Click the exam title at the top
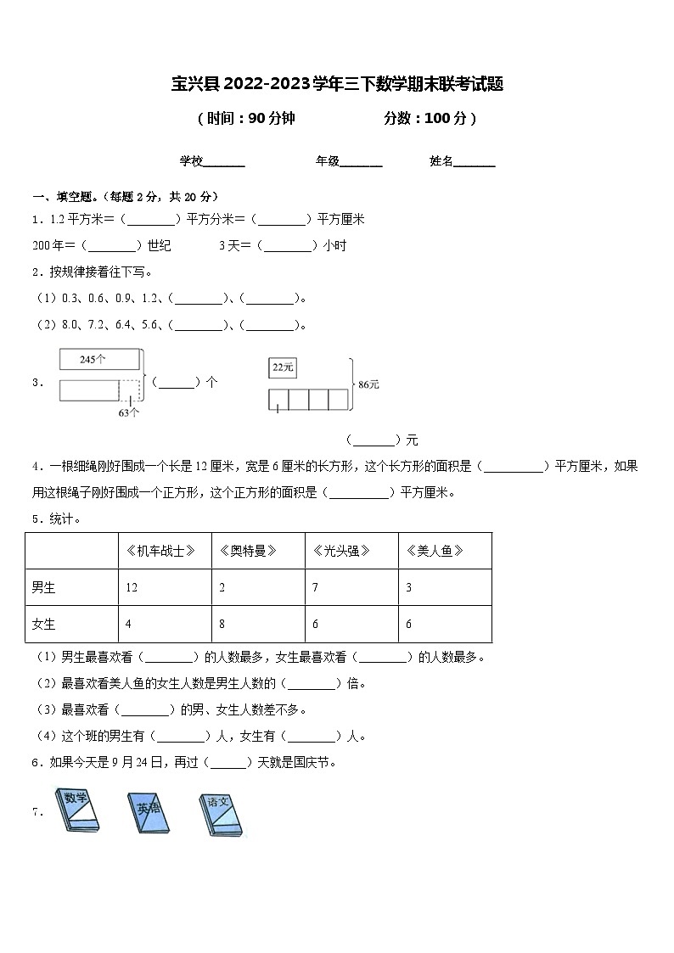[x=337, y=84]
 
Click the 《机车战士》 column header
[x=166, y=551]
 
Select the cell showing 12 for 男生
[x=132, y=587]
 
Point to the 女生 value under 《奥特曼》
[x=222, y=624]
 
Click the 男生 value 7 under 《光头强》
[x=316, y=587]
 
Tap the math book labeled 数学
[x=77, y=810]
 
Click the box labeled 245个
[x=98, y=360]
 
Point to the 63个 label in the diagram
[x=129, y=413]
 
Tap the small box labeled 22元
[x=282, y=367]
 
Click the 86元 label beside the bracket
[x=369, y=384]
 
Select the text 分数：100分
[x=430, y=119]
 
